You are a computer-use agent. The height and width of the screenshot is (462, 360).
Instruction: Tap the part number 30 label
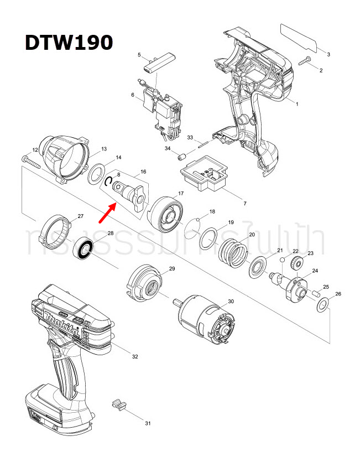click(231, 301)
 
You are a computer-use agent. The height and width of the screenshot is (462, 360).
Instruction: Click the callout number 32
click(135, 356)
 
